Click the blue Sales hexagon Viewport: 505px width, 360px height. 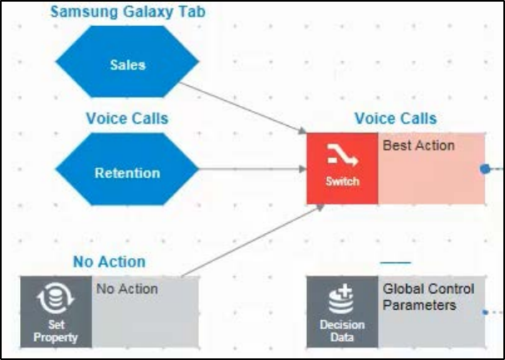tap(127, 63)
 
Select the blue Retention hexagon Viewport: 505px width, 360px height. tap(127, 173)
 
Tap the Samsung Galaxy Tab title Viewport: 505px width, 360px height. tap(127, 12)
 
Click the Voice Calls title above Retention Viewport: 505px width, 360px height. tap(127, 119)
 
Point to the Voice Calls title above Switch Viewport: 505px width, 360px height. tap(395, 119)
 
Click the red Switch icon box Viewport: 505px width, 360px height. tap(342, 168)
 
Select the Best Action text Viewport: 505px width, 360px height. tap(418, 145)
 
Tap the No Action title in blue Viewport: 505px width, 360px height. tap(109, 262)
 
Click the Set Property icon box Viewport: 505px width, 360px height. tap(56, 312)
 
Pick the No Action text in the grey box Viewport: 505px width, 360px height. tap(127, 289)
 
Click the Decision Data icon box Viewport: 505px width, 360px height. tap(342, 312)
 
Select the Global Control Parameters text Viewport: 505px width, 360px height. tap(428, 297)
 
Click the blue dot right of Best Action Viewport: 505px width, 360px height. tap(485, 169)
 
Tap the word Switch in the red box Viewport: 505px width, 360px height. tap(342, 181)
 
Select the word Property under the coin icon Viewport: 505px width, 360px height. tap(56, 337)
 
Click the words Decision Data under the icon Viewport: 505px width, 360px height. tap(342, 331)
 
